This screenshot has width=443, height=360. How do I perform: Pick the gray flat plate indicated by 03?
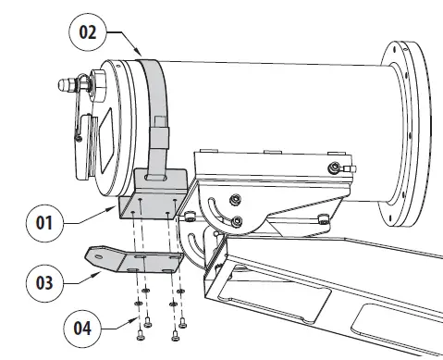click(x=139, y=263)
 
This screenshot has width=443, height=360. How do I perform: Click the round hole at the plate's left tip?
click(x=94, y=253)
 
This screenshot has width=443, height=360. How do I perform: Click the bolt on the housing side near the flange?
click(x=334, y=168)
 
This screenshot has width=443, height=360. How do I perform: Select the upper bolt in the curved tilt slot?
click(x=237, y=199)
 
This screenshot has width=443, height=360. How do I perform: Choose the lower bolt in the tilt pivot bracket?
click(x=239, y=221)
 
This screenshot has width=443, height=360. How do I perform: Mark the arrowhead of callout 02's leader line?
click(x=142, y=54)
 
